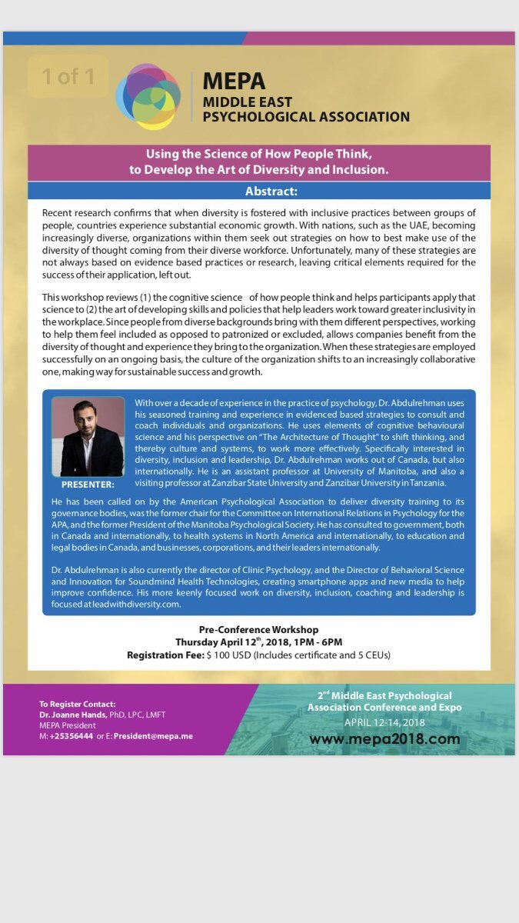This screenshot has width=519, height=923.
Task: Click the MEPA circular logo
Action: [x=148, y=97]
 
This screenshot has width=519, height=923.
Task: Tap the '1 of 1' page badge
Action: [x=68, y=76]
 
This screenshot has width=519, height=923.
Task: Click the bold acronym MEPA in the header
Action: [x=234, y=81]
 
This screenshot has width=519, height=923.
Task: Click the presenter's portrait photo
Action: [x=88, y=437]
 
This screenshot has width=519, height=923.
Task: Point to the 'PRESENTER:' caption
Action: [x=88, y=485]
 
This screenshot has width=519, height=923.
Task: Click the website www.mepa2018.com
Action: [x=384, y=739]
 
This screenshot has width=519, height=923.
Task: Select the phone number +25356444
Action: [x=71, y=735]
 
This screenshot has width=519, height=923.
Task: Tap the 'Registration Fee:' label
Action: [x=165, y=655]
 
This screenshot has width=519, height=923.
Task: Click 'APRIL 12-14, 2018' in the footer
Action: [x=384, y=722]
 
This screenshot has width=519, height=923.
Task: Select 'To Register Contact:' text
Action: [x=78, y=704]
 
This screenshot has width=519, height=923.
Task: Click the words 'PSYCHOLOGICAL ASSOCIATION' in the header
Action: [x=306, y=117]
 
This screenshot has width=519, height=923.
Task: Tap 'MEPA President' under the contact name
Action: [x=68, y=725]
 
